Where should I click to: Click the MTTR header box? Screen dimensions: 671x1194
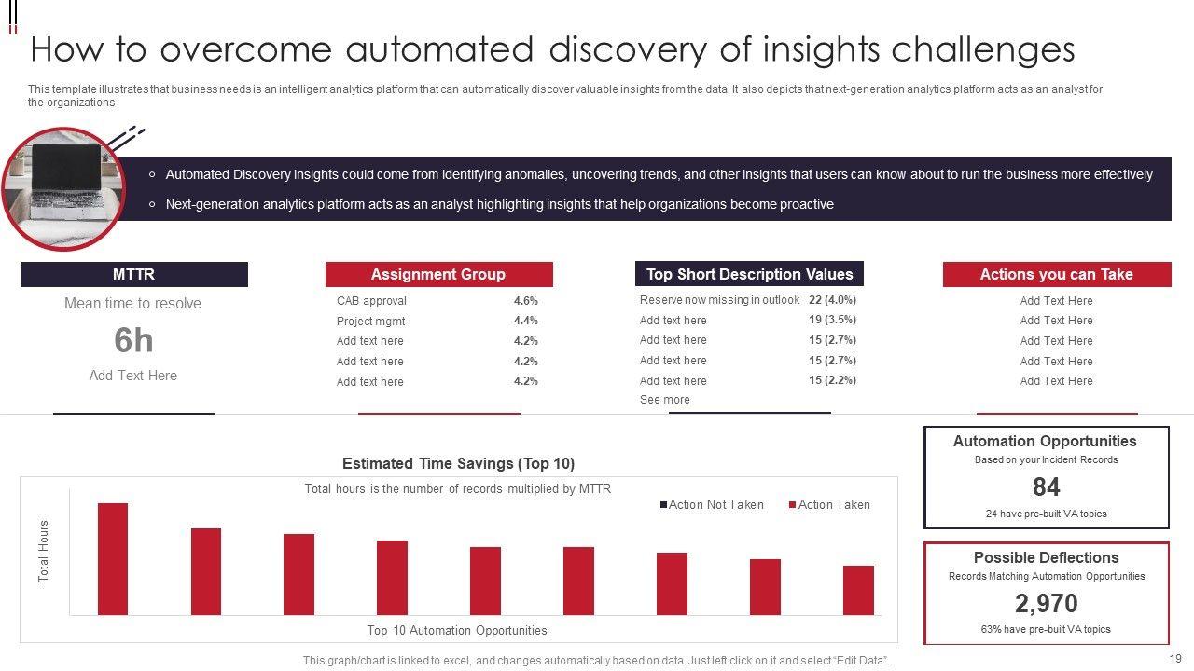pos(133,274)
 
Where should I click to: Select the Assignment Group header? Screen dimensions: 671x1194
pos(438,274)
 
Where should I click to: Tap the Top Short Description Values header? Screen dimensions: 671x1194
pos(749,274)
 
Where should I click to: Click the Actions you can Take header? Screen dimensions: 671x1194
pos(1056,274)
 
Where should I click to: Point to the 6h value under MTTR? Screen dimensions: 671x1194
pos(133,341)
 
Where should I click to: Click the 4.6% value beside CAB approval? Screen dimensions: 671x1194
pos(525,301)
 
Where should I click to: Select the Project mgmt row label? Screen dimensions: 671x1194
pos(370,322)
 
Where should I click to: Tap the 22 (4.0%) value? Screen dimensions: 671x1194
pos(832,300)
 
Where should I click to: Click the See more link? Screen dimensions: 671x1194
pos(665,400)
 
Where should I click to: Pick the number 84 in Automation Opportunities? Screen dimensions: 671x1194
pos(1046,486)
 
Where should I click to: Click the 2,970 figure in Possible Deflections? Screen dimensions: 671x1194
pos(1046,603)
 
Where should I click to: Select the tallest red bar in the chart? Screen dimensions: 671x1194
pos(113,559)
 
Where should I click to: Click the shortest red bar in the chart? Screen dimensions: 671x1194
pos(858,590)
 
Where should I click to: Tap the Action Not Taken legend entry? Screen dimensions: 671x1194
pos(715,505)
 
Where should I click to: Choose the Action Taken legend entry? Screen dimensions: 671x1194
pos(833,505)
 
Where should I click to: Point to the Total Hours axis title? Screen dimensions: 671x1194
pos(44,552)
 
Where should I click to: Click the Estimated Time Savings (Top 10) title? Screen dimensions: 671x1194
pos(458,463)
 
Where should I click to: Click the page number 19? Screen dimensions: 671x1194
pos(1174,658)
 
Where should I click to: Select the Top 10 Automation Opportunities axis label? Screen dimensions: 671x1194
pos(457,631)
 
